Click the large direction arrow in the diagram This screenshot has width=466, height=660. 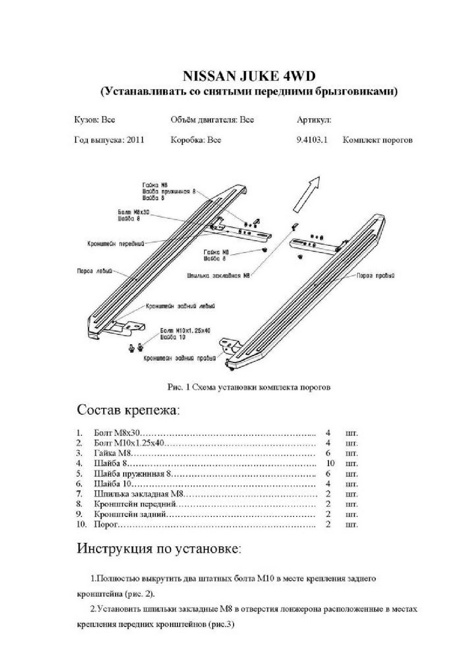307,193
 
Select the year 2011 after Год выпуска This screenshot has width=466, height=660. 135,140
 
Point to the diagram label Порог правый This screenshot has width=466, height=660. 376,276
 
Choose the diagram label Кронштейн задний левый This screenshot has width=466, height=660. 180,305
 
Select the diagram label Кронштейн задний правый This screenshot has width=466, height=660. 177,358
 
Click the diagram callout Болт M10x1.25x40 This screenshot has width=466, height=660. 185,330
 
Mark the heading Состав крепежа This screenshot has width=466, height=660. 128,410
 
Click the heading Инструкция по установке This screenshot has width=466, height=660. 159,548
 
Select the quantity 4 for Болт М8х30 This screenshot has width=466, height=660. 328,433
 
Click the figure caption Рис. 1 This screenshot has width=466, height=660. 248,387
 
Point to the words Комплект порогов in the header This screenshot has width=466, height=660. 378,140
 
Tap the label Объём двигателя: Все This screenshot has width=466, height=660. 212,119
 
